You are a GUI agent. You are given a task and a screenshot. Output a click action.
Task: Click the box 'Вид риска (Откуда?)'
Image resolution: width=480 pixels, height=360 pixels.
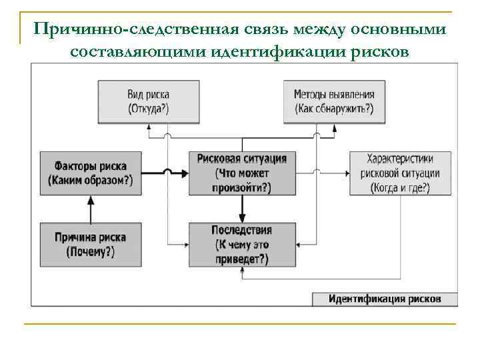tap(149, 101)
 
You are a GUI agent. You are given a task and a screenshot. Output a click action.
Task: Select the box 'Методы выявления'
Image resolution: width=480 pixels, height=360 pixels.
tap(334, 101)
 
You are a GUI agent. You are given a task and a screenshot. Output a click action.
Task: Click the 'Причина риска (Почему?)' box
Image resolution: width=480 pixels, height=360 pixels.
tap(90, 244)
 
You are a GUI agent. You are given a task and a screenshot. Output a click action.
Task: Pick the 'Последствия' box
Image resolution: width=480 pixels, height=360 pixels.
tap(241, 244)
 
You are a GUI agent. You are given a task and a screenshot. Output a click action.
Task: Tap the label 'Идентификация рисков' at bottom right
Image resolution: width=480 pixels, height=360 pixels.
tap(385, 299)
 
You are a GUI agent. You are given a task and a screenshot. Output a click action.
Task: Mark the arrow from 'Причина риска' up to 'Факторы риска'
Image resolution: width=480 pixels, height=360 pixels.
tap(90, 209)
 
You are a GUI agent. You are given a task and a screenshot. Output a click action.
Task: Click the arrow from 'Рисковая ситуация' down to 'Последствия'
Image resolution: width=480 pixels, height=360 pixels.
tap(243, 209)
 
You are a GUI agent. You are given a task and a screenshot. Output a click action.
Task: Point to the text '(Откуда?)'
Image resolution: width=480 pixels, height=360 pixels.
tap(149, 109)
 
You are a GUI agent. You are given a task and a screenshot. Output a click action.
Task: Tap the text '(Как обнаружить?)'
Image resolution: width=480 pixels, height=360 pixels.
tap(334, 109)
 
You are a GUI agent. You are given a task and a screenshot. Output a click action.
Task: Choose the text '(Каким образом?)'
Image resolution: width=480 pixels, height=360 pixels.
tap(90, 181)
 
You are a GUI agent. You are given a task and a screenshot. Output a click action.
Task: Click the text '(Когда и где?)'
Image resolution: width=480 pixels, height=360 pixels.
tap(400, 188)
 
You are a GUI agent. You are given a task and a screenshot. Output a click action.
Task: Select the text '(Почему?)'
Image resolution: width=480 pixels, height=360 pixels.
tap(90, 252)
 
